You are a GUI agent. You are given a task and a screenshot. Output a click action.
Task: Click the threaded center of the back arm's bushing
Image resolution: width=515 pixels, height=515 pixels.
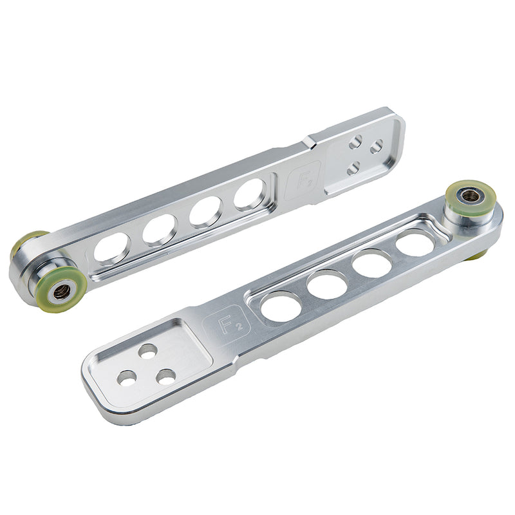click(x=62, y=290)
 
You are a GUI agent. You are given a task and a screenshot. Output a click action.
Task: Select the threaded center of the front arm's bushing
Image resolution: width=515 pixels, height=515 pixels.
click(x=471, y=196)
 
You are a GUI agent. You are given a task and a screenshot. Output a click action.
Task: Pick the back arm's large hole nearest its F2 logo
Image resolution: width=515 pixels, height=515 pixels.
click(x=248, y=193)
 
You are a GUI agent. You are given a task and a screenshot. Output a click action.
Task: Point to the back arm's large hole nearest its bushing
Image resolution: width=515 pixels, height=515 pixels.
click(x=112, y=248)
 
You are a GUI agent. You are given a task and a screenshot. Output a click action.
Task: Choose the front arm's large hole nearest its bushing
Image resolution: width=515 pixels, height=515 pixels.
click(x=415, y=243)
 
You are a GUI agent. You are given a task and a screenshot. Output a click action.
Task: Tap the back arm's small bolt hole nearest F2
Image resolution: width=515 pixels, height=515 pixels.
click(x=353, y=169)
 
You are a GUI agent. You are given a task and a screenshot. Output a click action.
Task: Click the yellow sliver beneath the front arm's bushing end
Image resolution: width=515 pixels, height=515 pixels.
click(x=477, y=256)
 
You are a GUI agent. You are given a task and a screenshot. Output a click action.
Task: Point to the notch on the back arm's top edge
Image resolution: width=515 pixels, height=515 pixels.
click(x=310, y=138)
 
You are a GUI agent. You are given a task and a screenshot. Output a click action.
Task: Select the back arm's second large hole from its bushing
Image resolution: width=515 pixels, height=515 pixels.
click(x=159, y=229)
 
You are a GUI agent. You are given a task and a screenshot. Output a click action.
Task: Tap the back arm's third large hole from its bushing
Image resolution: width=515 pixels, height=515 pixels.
click(x=205, y=211)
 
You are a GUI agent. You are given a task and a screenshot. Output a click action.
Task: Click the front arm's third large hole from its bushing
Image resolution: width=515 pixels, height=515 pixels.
click(x=327, y=284)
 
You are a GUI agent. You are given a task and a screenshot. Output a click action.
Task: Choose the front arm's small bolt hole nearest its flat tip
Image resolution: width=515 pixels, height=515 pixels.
click(x=127, y=378)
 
